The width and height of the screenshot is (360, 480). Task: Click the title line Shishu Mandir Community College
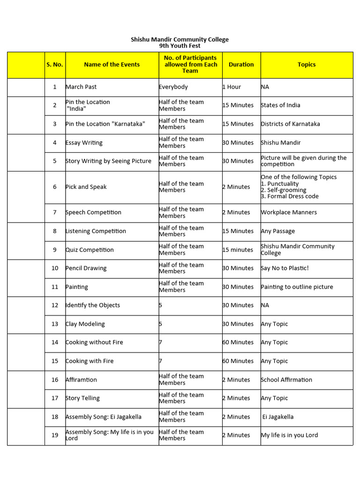click(180, 39)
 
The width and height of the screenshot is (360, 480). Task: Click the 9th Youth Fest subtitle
click(180, 46)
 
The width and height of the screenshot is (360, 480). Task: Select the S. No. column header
click(55, 65)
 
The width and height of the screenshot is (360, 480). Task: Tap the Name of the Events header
click(112, 65)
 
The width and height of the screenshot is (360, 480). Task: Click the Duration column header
click(241, 65)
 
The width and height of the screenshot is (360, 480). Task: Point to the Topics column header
click(307, 65)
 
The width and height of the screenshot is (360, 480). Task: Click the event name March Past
click(81, 87)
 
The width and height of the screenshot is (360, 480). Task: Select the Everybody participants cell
click(173, 87)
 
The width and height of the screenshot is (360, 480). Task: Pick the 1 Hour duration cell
click(232, 87)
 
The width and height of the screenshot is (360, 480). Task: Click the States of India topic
click(280, 105)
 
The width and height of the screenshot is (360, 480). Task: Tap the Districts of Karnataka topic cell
click(290, 124)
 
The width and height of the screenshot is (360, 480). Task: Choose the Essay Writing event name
click(84, 142)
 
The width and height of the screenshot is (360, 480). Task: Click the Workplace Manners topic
click(289, 212)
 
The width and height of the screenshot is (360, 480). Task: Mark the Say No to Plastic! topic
click(285, 268)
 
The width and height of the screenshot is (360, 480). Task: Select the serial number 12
click(55, 305)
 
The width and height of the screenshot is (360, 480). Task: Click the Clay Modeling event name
click(85, 324)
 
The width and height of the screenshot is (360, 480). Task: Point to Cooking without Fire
click(94, 342)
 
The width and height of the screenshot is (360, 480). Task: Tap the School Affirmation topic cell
click(286, 380)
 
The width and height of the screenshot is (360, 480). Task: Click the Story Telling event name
click(82, 398)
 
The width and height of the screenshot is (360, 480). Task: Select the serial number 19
click(55, 435)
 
